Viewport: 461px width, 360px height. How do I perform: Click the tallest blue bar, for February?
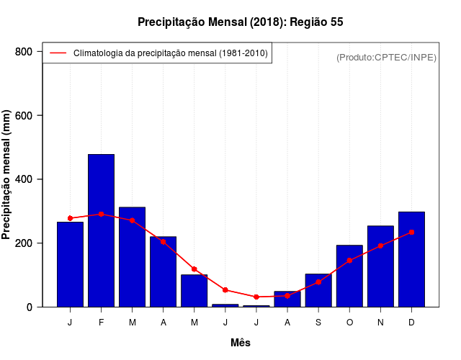tap(101, 230)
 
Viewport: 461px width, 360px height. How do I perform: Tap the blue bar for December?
tap(411, 259)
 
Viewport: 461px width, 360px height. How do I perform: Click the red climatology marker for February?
tap(101, 214)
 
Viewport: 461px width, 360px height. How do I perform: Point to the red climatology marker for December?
tap(411, 232)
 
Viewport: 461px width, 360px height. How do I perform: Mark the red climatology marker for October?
tap(349, 260)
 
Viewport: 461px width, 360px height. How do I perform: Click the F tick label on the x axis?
tap(101, 323)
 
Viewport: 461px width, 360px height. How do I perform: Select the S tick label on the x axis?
tap(318, 323)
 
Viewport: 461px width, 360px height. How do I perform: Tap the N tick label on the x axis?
tap(380, 323)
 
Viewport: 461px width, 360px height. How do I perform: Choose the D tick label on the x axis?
tap(411, 323)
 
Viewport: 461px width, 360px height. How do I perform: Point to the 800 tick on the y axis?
tap(24, 52)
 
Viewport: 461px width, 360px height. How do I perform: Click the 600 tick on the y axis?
tap(24, 115)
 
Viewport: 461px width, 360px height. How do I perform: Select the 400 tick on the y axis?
tap(24, 179)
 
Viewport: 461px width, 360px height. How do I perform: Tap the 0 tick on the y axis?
tap(29, 307)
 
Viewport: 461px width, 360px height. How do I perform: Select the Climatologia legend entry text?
tap(170, 53)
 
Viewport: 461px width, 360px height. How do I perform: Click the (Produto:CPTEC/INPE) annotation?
tap(386, 57)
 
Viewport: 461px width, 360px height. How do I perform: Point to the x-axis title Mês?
tap(241, 343)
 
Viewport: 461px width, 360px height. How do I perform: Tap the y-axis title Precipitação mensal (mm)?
tap(7, 175)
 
